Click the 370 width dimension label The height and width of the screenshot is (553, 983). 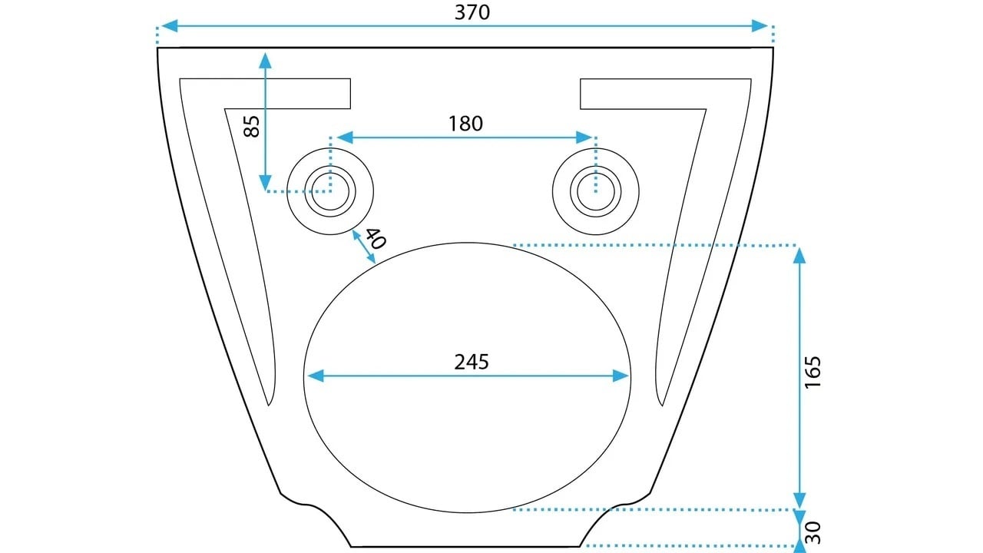tap(472, 12)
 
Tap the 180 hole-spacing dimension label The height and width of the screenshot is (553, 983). tap(465, 124)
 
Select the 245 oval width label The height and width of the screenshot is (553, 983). tap(472, 362)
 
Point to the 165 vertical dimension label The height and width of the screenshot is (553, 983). tap(813, 372)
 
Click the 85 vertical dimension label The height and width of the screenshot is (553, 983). tap(252, 127)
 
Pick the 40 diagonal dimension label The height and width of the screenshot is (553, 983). tap(376, 238)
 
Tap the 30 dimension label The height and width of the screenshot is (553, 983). tap(813, 532)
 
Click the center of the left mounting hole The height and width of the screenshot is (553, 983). tap(330, 191)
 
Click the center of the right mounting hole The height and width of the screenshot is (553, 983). tap(595, 191)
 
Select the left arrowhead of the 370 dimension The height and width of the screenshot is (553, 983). tap(170, 25)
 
